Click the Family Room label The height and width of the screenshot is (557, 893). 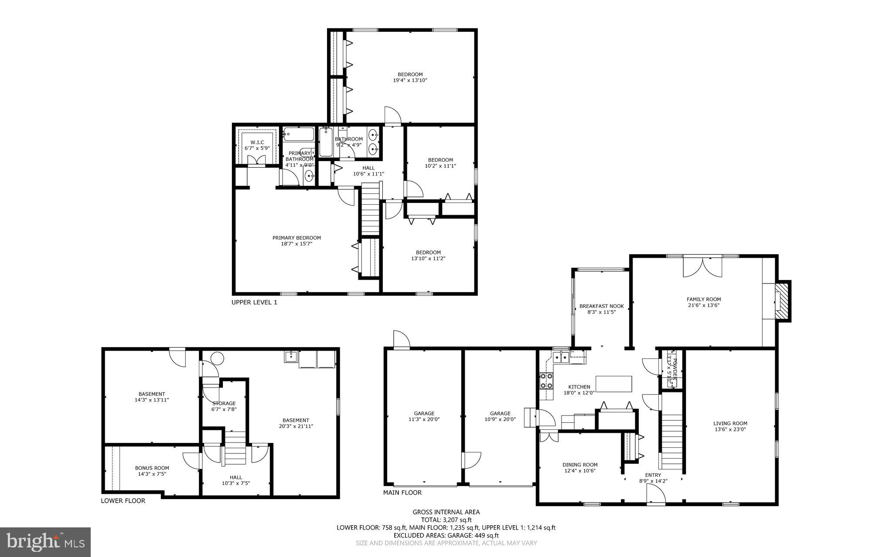coord(703,299)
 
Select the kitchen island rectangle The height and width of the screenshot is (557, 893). coord(614,384)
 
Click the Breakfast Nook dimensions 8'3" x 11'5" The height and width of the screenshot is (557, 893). coord(601,312)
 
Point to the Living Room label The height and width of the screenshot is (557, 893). coord(730,423)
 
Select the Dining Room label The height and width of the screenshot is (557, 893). coord(579,465)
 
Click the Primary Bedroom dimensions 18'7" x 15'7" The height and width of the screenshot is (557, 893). coord(297,244)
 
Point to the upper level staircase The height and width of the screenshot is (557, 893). coord(371,209)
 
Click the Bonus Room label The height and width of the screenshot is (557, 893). coord(152,468)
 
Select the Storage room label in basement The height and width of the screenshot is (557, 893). coord(224,403)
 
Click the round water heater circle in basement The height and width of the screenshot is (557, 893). coord(217,358)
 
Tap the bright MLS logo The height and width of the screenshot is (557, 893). coord(45,542)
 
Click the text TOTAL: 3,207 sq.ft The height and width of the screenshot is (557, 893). coord(446,520)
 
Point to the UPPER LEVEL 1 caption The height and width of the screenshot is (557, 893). coord(254,302)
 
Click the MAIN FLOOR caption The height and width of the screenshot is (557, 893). coord(402,493)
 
